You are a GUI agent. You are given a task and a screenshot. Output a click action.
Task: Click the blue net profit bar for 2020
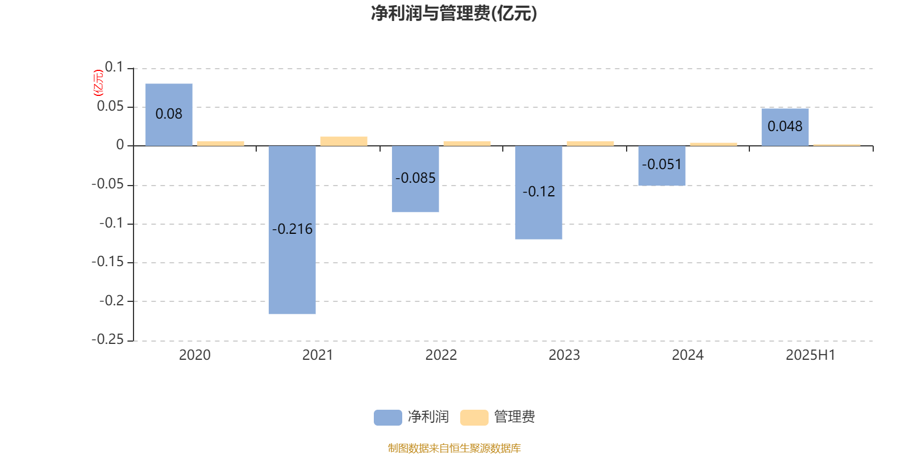coord(169,115)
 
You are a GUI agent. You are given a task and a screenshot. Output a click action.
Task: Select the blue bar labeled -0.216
coord(292,230)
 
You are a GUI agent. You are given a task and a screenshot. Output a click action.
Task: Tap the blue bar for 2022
coord(415,179)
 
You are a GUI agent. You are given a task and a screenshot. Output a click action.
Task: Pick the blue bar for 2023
coord(539,192)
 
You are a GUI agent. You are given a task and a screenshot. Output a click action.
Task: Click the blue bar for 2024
coord(662,166)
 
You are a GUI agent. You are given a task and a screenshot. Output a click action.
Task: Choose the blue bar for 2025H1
coord(785,127)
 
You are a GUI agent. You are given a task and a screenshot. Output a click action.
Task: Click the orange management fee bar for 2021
coord(344,141)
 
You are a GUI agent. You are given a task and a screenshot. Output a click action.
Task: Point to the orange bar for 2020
coord(221,144)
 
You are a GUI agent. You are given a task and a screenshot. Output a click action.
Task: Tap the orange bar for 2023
coord(590,144)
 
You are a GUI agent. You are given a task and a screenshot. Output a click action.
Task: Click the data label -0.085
coord(415,178)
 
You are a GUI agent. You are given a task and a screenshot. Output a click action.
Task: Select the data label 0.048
coord(785,127)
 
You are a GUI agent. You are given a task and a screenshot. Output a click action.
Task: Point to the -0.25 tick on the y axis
coord(107,339)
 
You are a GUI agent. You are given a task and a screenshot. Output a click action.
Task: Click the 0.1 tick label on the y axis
coord(114,67)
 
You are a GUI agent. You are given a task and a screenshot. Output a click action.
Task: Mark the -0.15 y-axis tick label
coord(107,262)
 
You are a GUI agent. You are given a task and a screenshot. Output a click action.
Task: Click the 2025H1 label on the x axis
coord(810,355)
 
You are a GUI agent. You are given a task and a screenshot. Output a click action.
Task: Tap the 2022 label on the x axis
coord(441,355)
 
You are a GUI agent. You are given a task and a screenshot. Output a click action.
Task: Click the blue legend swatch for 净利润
coord(388,418)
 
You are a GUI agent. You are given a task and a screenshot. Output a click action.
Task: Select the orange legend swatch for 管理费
coord(474,418)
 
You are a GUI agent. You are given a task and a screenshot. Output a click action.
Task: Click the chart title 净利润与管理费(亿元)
coord(454,14)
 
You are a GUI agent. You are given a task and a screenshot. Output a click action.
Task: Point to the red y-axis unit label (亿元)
coord(99,83)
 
